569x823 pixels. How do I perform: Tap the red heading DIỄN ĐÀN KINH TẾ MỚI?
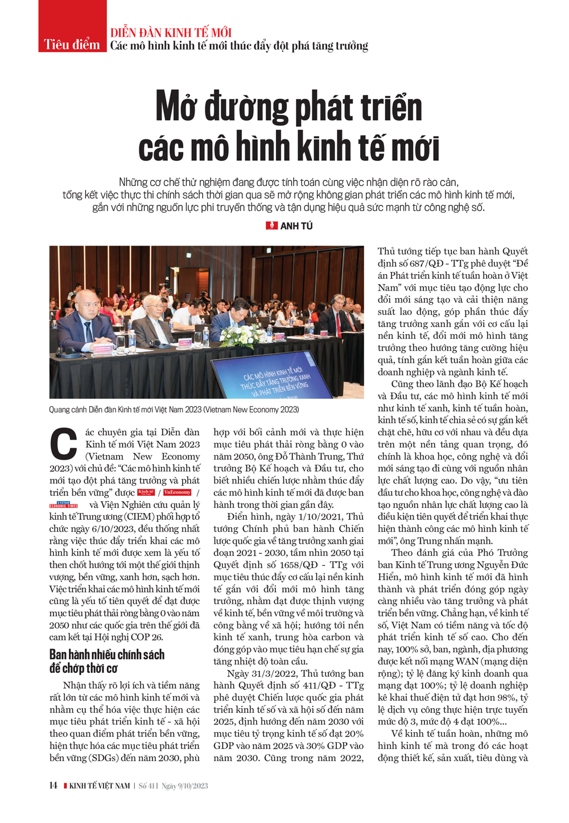[171, 32]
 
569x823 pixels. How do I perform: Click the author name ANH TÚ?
[296, 226]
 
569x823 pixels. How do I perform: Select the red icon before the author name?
[271, 226]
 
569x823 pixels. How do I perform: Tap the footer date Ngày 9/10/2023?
[184, 785]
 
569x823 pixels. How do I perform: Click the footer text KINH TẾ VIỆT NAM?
[100, 785]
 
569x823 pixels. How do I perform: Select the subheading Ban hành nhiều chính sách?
[107, 654]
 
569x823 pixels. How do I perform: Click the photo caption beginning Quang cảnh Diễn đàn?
[174, 410]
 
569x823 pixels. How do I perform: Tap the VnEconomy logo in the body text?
[177, 493]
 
